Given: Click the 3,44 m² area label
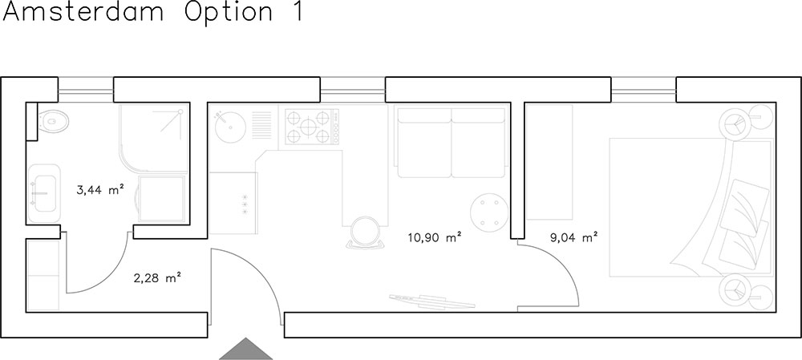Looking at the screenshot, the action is coord(100,190).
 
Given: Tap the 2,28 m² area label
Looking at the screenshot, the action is coord(158,279).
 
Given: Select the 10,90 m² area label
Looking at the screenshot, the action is coord(435,237).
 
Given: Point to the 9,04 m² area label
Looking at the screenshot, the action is coord(574,237).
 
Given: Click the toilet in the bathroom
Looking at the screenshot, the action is coord(53,121).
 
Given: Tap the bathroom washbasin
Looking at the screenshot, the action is coord(44,193).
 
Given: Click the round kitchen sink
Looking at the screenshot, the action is coord(230,126).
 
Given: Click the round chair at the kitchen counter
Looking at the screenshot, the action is coord(365,233).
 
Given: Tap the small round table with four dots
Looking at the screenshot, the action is coord(489,211).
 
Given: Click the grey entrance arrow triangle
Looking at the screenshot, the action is coord(246,349).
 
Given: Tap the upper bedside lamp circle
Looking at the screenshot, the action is coord(736,123).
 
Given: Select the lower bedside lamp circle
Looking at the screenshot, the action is coord(735,290).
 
